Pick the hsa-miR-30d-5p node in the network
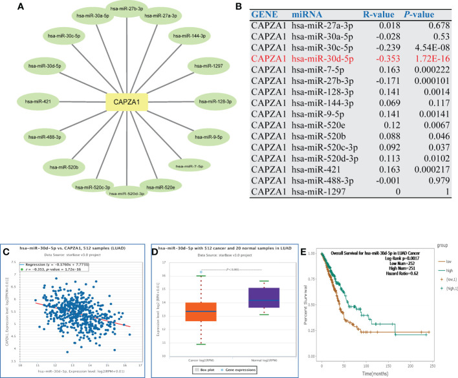tap(45, 65)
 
